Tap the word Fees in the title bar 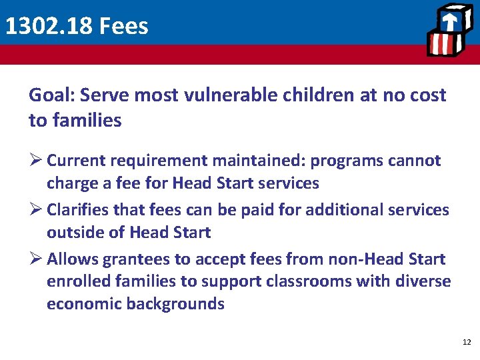coord(123,26)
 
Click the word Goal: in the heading coord(52,95)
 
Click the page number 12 coord(466,342)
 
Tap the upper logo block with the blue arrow coord(451,21)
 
